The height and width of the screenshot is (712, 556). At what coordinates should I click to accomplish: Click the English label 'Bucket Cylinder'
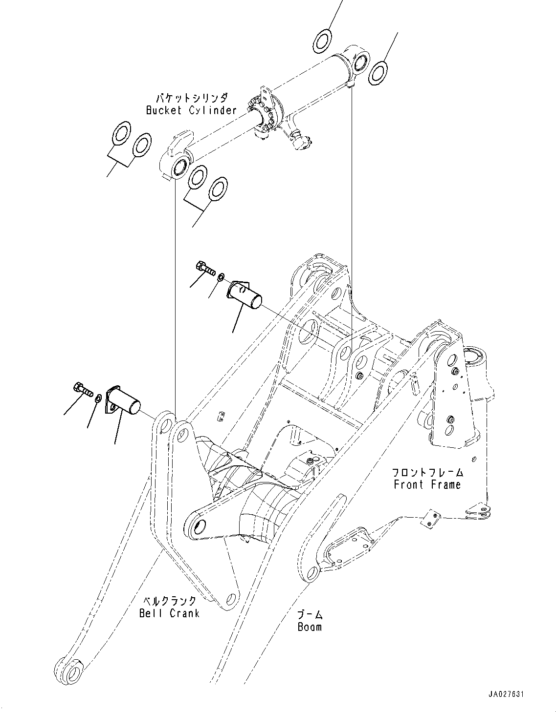tap(191, 110)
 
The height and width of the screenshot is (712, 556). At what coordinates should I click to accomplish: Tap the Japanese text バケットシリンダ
tap(192, 98)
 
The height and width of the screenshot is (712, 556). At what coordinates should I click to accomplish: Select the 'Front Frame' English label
tap(427, 485)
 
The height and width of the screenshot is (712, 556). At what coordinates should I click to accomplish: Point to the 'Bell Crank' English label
tap(169, 613)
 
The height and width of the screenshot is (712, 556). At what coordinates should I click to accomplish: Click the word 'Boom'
tap(310, 627)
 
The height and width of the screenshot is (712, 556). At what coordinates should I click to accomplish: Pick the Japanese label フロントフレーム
tap(427, 472)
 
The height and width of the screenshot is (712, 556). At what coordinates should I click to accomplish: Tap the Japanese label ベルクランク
tap(169, 601)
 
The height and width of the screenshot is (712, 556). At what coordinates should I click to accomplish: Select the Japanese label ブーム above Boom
tap(310, 615)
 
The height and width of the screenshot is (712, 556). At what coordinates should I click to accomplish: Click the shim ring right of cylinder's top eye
tap(378, 71)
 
